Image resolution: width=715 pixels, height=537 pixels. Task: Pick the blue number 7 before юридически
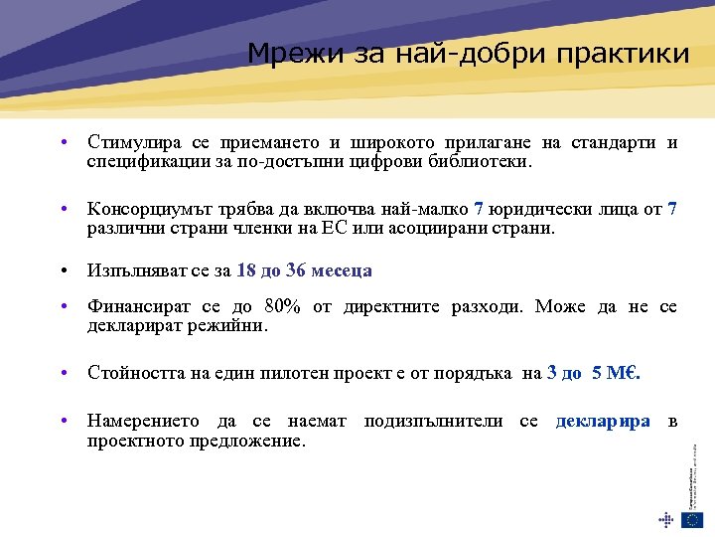pyautogui.click(x=479, y=209)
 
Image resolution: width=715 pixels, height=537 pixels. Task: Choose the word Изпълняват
pyautogui.click(x=135, y=271)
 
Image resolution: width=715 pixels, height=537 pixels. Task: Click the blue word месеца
pyautogui.click(x=342, y=271)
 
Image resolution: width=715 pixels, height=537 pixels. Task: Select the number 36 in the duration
pyautogui.click(x=295, y=271)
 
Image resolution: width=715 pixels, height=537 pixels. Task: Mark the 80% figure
pyautogui.click(x=283, y=306)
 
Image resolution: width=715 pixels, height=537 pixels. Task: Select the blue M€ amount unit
pyautogui.click(x=628, y=373)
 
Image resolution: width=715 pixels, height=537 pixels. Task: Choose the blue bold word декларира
pyautogui.click(x=603, y=422)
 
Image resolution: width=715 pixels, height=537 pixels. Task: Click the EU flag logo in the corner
pyautogui.click(x=691, y=519)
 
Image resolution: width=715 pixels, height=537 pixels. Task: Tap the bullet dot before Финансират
pyautogui.click(x=63, y=306)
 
